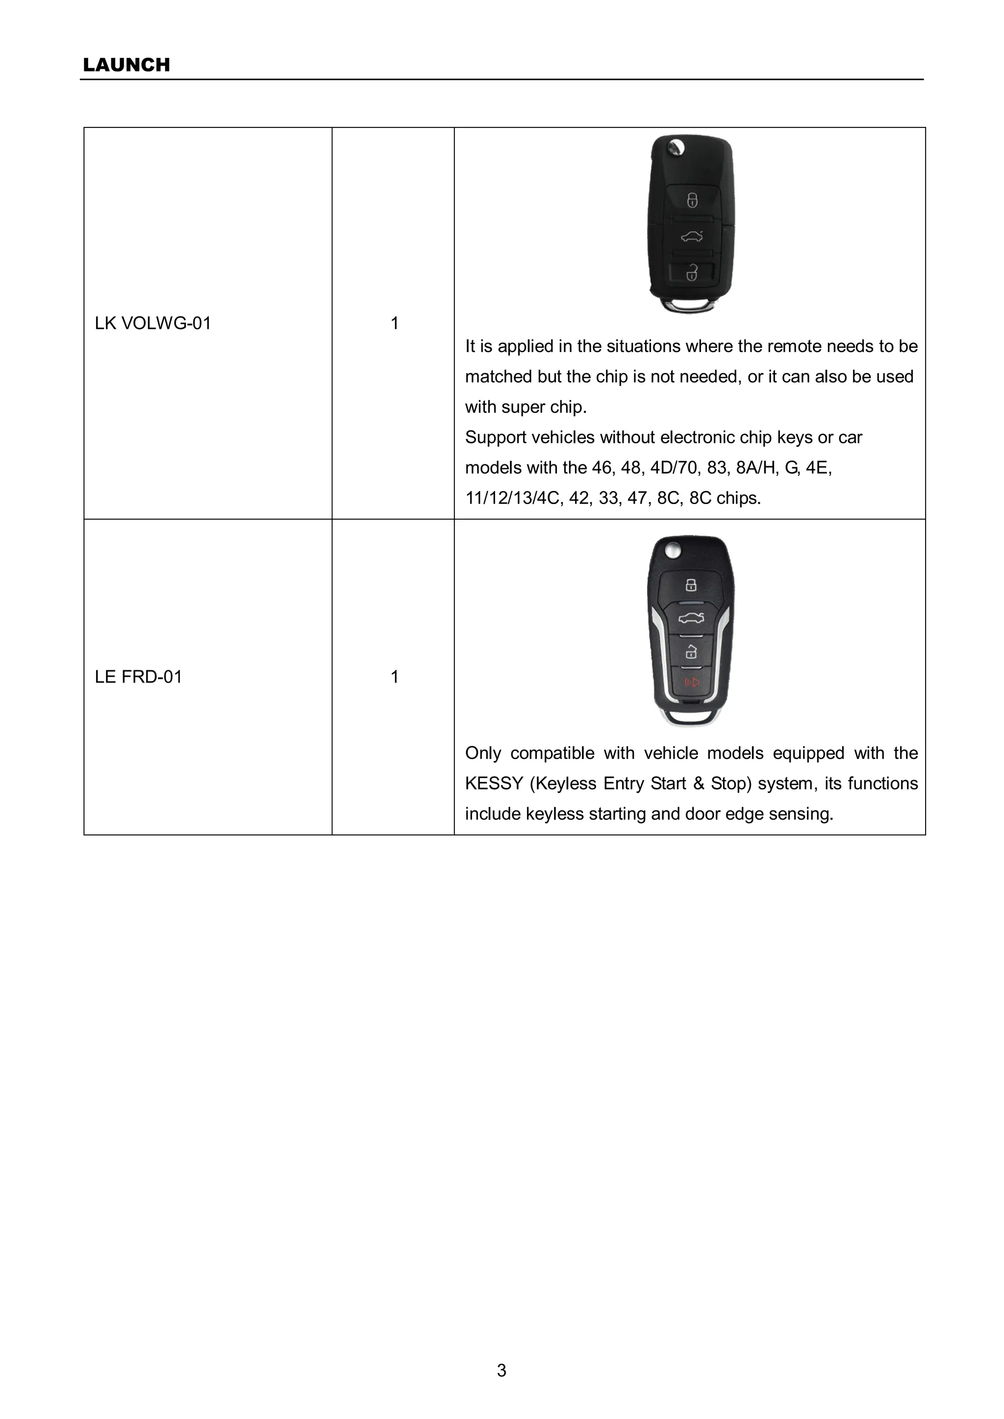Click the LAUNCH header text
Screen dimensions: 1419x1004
pyautogui.click(x=126, y=65)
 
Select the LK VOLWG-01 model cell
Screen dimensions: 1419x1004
pyautogui.click(x=152, y=324)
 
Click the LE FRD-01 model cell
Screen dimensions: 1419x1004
pyautogui.click(x=138, y=677)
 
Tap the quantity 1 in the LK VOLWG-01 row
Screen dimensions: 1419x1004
pyautogui.click(x=394, y=324)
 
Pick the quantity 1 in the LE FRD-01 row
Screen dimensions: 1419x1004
pyautogui.click(x=394, y=677)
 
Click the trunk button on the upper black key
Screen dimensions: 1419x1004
pyautogui.click(x=692, y=236)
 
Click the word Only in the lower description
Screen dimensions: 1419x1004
pyautogui.click(x=482, y=753)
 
